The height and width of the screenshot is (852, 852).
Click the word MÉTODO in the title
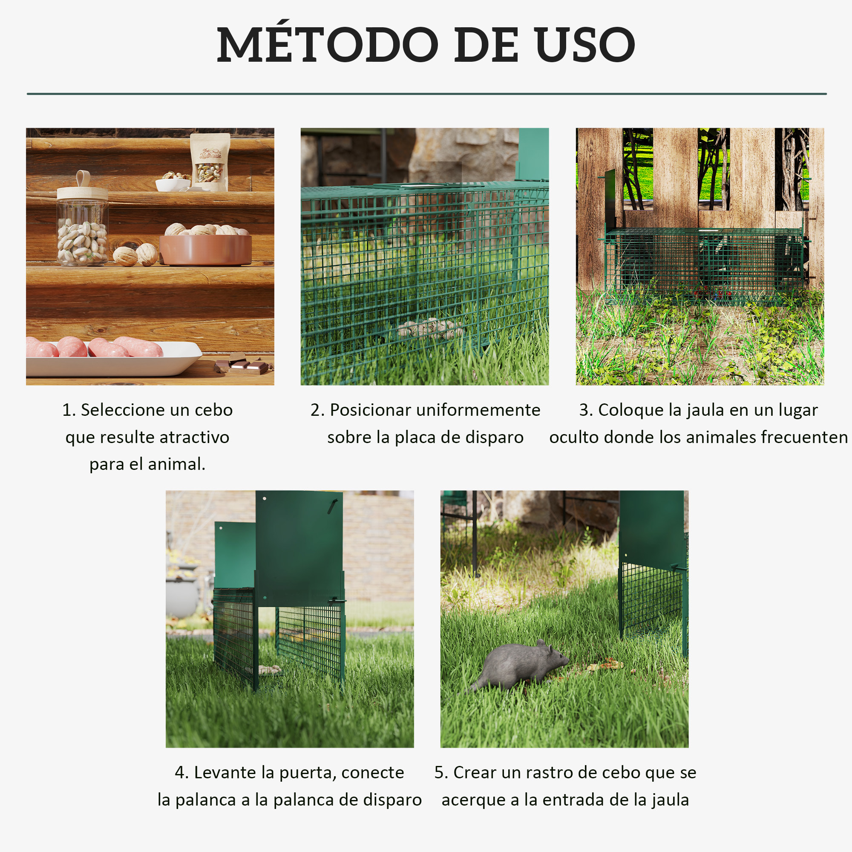point(327,44)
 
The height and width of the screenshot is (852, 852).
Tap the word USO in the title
point(585,44)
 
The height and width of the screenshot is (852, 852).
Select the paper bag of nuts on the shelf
point(210,162)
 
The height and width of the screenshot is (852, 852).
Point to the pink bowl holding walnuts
point(205,249)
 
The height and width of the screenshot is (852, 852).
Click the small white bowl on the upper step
point(173,184)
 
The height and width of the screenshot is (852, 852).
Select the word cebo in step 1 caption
point(213,410)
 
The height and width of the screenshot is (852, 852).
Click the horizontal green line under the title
point(426,94)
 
